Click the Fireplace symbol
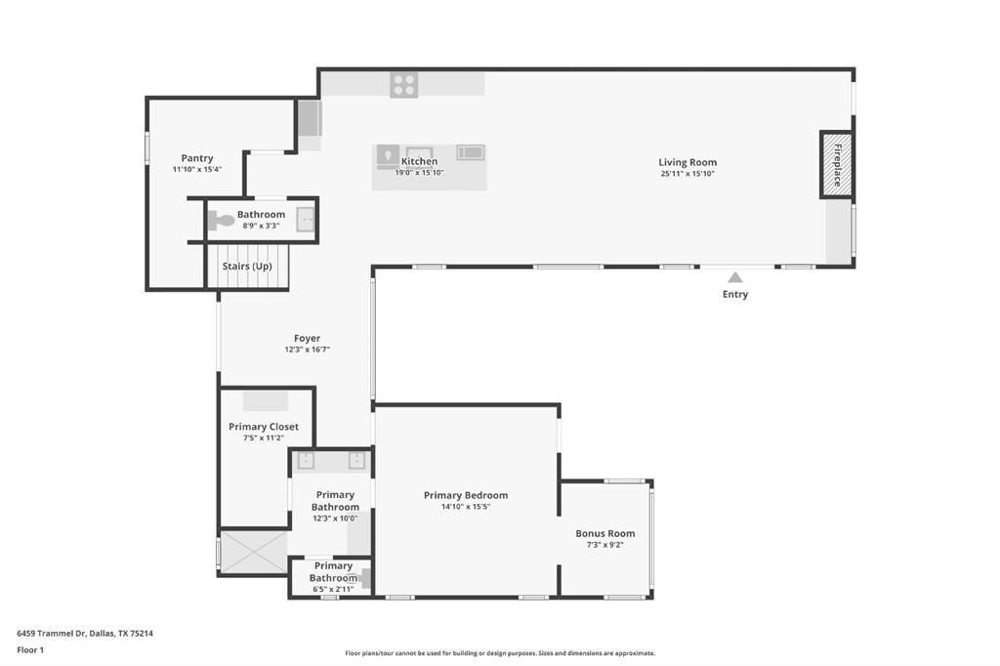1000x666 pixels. (837, 164)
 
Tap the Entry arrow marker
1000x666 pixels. (735, 277)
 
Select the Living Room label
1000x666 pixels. (687, 162)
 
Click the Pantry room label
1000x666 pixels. (197, 158)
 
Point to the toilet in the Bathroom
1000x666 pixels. (222, 221)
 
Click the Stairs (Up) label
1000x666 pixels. (247, 267)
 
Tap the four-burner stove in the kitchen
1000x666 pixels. (403, 85)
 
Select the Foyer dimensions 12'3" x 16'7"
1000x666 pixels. (307, 350)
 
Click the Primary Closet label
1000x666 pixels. (264, 427)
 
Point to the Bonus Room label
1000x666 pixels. (604, 533)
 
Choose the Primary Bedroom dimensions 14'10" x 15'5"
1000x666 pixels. (465, 507)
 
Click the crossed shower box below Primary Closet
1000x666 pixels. (253, 553)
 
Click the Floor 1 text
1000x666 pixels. (31, 649)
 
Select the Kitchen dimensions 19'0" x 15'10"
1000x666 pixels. (419, 173)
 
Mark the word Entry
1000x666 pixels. (735, 294)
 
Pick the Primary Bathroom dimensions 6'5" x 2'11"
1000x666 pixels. (333, 589)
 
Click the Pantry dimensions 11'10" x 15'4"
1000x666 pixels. (197, 169)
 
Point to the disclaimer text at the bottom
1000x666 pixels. (499, 653)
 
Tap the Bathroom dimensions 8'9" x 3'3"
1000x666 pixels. (262, 226)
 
